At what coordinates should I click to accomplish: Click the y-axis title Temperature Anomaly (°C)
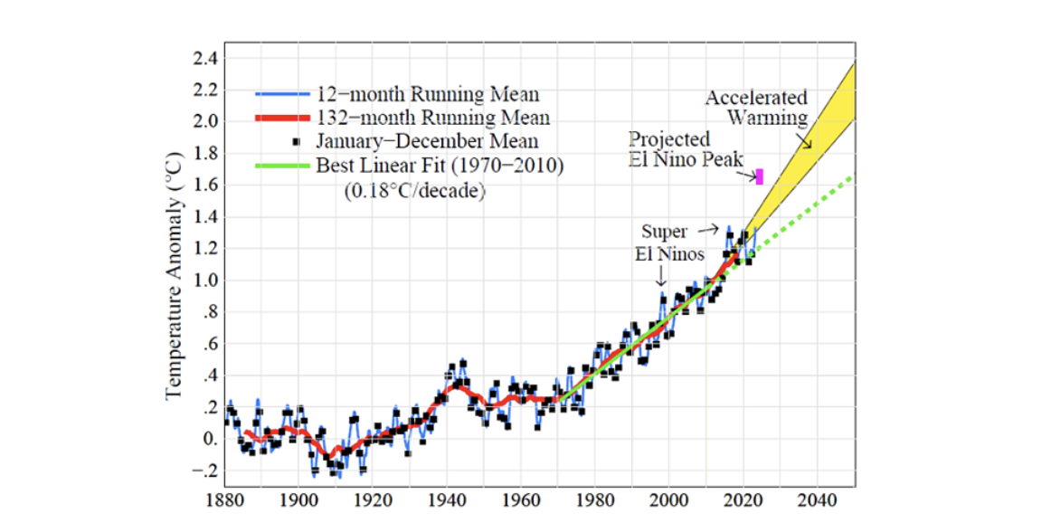174,272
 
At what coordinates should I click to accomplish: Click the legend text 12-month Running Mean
428,94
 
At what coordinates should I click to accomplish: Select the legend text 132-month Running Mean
432,118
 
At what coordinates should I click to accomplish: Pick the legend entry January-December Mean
427,141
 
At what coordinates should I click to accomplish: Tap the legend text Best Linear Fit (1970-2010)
440,166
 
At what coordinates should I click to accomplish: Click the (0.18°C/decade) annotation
414,191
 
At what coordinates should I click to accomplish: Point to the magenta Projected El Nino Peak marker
760,176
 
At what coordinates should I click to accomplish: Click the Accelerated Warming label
756,108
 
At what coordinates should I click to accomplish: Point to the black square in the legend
298,142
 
